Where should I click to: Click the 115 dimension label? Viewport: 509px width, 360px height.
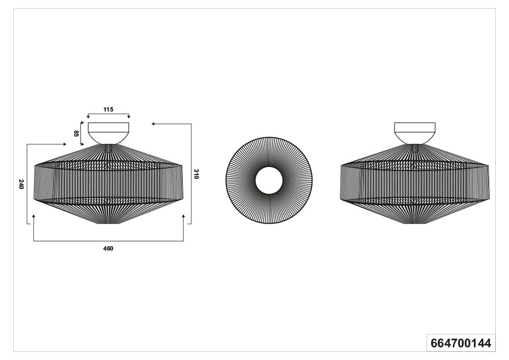(x=108, y=109)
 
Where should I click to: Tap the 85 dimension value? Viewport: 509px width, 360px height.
(x=76, y=133)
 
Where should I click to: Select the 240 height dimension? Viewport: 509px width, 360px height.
(x=21, y=184)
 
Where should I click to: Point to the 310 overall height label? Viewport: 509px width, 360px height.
(x=196, y=174)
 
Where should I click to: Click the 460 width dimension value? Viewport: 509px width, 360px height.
(x=108, y=248)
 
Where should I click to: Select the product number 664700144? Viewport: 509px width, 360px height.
(x=461, y=343)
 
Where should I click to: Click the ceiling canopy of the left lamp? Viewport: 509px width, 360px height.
(x=108, y=133)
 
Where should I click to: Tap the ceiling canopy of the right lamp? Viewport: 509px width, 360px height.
(x=414, y=133)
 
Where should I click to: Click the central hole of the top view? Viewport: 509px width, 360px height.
(x=269, y=180)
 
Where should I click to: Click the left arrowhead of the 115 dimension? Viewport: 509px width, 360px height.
(x=88, y=117)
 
